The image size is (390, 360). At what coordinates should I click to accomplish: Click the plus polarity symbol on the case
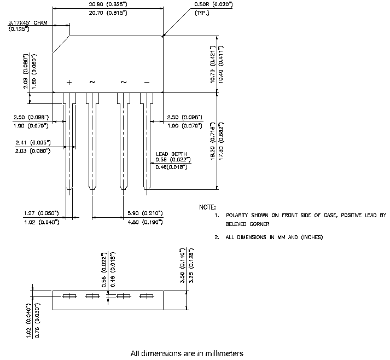(69, 82)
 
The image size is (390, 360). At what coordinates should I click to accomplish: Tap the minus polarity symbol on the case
(146, 82)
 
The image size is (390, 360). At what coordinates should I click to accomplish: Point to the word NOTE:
(207, 207)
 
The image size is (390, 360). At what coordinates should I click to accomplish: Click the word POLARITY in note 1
(239, 216)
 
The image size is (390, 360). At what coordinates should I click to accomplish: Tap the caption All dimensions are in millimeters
(187, 353)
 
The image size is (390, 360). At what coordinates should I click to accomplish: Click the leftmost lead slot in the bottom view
(69, 297)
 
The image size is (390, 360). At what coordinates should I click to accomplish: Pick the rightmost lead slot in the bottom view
(146, 297)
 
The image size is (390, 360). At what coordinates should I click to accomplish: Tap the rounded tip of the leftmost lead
(69, 190)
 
